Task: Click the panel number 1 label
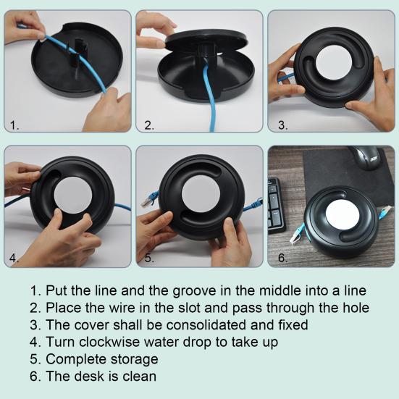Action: tap(14, 125)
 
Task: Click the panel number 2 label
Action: tap(149, 125)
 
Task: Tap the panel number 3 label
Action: tap(282, 125)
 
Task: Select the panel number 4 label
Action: tap(14, 257)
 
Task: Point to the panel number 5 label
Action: tap(149, 257)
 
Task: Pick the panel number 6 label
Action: tap(282, 257)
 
